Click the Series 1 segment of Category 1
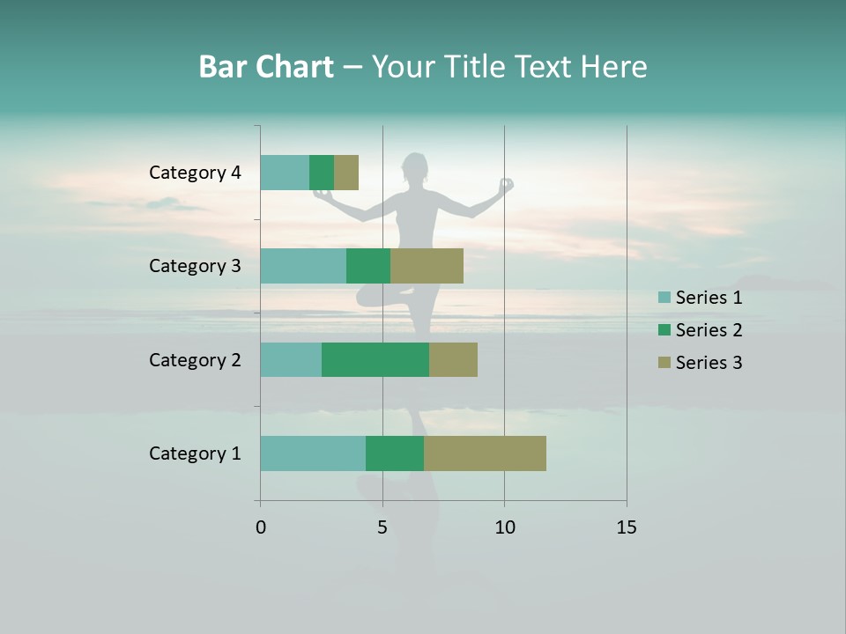pos(313,453)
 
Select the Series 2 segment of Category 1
pos(395,453)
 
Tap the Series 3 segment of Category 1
pos(485,453)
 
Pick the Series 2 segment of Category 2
pos(375,360)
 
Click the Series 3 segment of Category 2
pos(453,360)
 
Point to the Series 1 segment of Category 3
pos(303,266)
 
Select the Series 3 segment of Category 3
pos(427,266)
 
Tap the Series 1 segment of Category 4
pos(285,173)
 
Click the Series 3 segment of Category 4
pos(346,173)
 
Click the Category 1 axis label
pos(195,453)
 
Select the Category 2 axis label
pos(195,360)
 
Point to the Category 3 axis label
pos(195,266)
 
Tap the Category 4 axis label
pos(195,173)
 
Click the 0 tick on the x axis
pos(261,527)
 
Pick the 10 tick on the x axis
pos(504,527)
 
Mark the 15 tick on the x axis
pos(626,527)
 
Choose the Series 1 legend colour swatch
pos(664,298)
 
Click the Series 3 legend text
pos(709,363)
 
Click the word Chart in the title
pos(294,67)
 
